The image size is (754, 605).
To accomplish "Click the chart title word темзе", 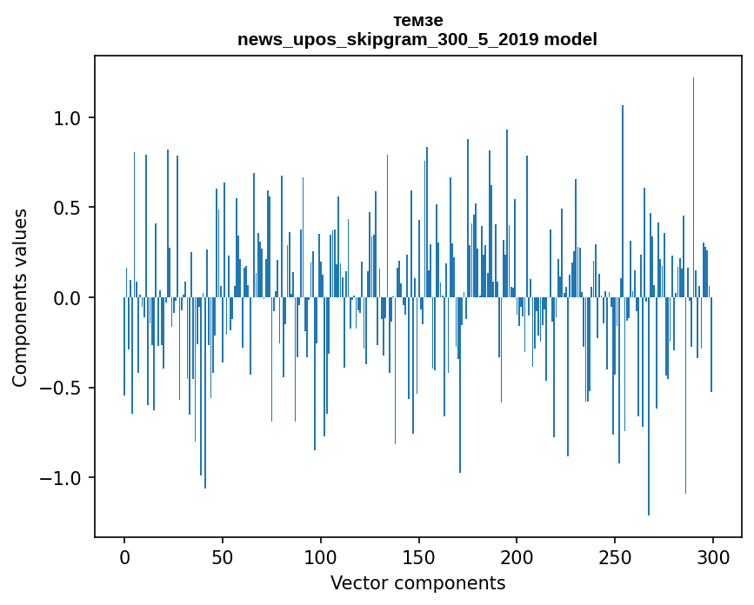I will [x=417, y=21].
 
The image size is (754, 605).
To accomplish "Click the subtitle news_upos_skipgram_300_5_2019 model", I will [x=417, y=40].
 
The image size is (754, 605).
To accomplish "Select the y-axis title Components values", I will [x=20, y=297].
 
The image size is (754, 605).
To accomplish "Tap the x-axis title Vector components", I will [x=417, y=583].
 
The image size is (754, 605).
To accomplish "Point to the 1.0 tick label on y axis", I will [x=68, y=118].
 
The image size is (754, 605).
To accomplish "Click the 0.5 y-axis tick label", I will [x=68, y=208].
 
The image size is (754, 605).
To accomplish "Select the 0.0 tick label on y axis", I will [x=68, y=298].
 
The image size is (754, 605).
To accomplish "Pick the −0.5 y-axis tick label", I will [x=63, y=389].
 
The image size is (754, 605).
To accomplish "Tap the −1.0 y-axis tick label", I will [x=63, y=478].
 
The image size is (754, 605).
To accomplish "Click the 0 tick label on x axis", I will [x=124, y=556].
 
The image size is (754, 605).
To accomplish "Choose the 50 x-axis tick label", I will [x=223, y=556].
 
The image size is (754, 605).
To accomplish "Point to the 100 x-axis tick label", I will [x=321, y=556].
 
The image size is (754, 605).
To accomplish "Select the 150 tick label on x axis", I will [x=418, y=556].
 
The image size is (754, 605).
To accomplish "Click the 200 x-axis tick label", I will [x=517, y=556].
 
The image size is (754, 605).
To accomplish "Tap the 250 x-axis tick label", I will [x=615, y=556].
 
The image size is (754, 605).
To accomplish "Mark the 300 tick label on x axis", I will [x=713, y=556].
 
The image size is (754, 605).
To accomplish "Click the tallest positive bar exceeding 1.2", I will [x=693, y=174].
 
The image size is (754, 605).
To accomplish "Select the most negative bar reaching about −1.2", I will [x=649, y=417].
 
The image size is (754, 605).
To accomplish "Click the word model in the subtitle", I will [x=577, y=40].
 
